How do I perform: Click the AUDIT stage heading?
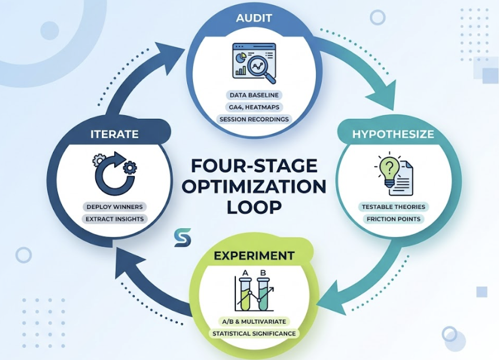pos(254,18)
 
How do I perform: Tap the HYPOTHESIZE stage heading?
pos(392,134)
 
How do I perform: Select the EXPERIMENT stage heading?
pos(254,256)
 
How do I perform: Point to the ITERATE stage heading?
pos(115,134)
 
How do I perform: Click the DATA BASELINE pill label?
pos(254,95)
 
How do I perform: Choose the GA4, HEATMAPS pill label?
pos(254,106)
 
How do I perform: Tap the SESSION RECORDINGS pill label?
pos(254,119)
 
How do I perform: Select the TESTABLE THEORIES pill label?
pos(393,207)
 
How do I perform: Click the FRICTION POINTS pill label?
pos(393,219)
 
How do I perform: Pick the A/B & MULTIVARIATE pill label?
pos(254,322)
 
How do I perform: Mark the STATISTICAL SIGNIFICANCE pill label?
pos(254,334)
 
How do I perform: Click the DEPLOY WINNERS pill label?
pos(114,206)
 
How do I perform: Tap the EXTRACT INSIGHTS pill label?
pos(114,219)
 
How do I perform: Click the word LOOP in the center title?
pos(254,207)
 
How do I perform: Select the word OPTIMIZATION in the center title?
pos(254,186)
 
